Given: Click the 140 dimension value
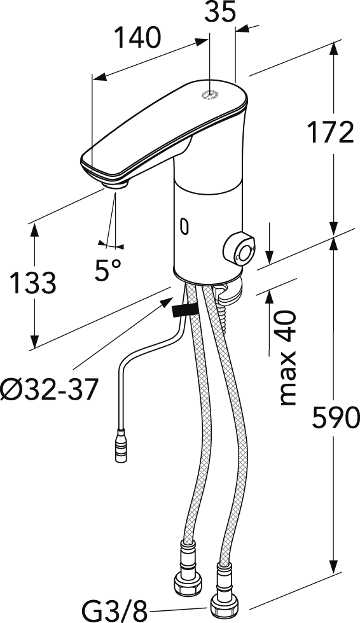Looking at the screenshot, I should pyautogui.click(x=136, y=39).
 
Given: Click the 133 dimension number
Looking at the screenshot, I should pyautogui.click(x=32, y=283).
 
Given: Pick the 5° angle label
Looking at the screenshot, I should pyautogui.click(x=109, y=270).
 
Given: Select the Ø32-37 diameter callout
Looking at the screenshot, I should pyautogui.click(x=50, y=389).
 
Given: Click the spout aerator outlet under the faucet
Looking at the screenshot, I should pyautogui.click(x=115, y=184).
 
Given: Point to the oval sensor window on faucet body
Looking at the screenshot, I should pyautogui.click(x=185, y=225).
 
